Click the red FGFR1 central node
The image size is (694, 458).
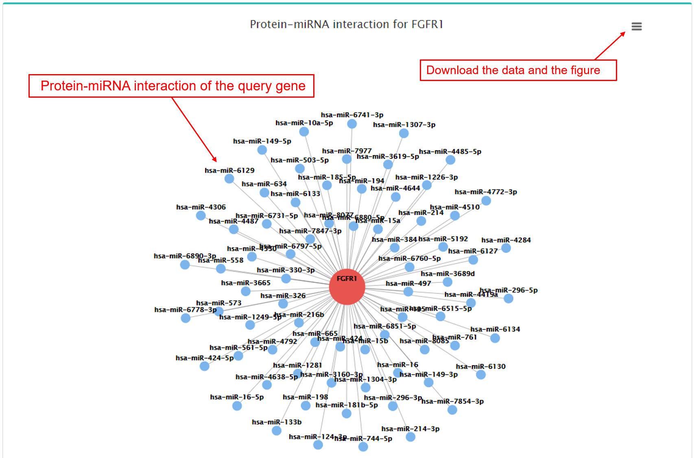[347, 287]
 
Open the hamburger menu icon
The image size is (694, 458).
[636, 26]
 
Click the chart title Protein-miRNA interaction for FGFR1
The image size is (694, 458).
[346, 24]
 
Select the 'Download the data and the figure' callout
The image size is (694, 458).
[518, 70]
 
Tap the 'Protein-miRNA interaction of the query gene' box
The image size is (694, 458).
[171, 86]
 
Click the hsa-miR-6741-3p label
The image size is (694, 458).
[352, 115]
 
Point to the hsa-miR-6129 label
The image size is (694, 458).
[229, 171]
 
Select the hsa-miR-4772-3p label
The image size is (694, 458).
[486, 192]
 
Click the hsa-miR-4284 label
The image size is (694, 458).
[506, 240]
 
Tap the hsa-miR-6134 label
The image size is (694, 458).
[495, 329]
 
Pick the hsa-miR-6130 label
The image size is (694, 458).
[480, 366]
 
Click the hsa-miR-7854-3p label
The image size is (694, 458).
[452, 401]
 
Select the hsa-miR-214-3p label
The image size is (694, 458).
[410, 429]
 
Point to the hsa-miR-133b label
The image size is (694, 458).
[277, 422]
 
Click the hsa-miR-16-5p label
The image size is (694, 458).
[237, 397]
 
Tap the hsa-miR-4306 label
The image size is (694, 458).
[201, 207]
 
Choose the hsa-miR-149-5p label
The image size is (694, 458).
[262, 141]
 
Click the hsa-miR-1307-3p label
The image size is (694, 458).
[404, 125]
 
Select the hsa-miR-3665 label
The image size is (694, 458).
[246, 283]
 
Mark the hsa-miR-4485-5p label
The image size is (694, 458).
[450, 151]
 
